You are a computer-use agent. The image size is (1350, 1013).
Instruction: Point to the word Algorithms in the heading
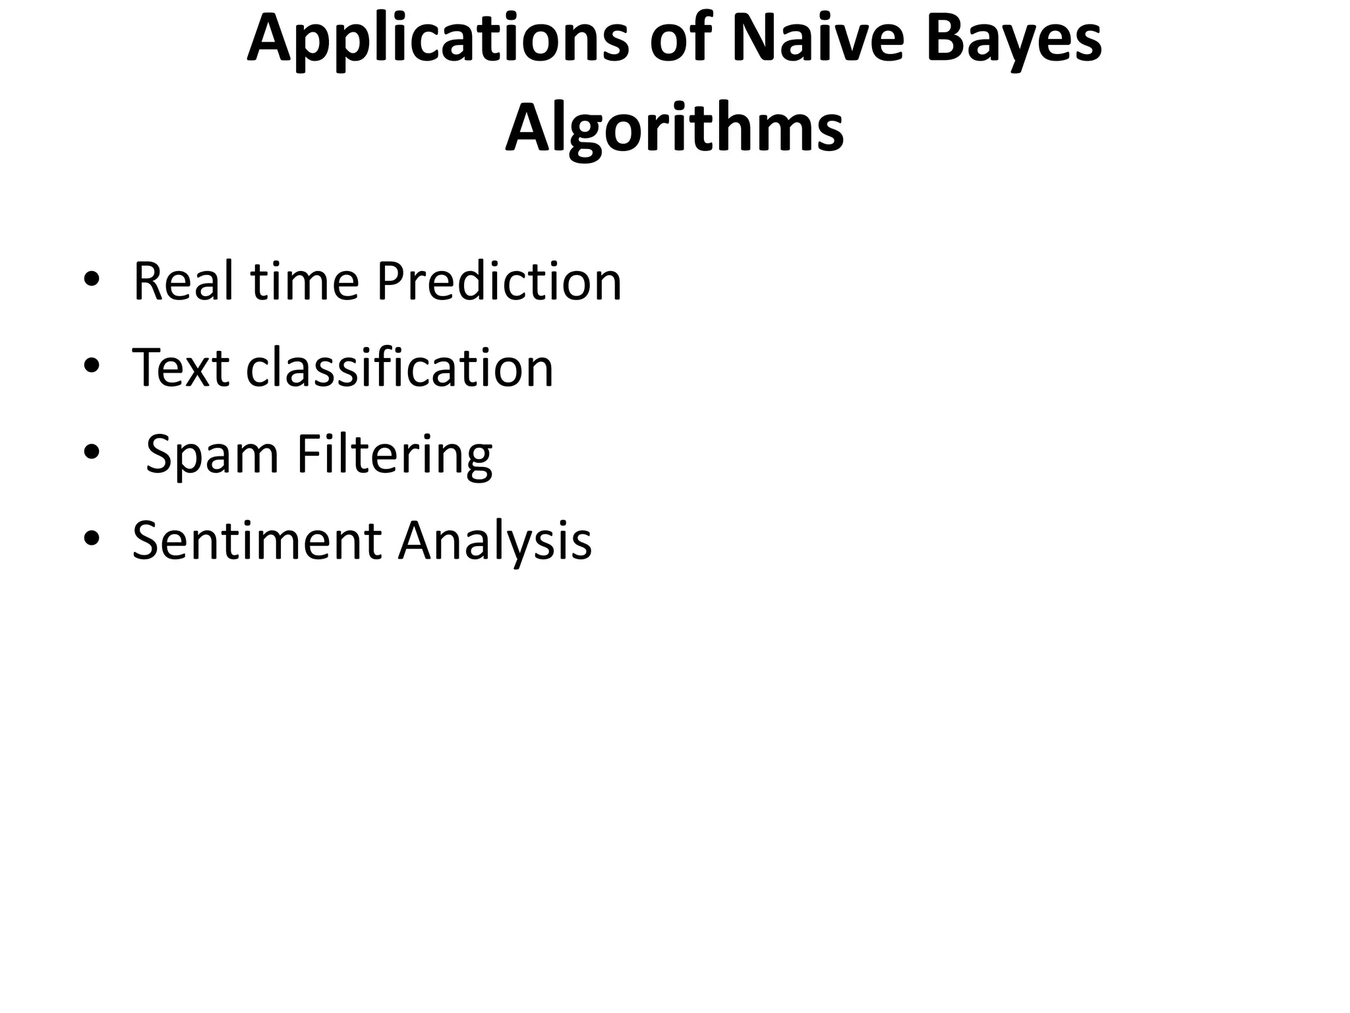[674, 129]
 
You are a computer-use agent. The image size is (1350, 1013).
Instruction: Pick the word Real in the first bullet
[182, 282]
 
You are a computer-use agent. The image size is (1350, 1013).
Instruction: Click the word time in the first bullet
[304, 282]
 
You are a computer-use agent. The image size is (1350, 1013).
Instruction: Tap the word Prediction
[499, 282]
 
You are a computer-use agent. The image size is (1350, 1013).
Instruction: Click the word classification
[399, 367]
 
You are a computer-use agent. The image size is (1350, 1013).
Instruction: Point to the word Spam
[212, 454]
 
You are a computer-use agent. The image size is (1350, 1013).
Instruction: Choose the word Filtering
[394, 454]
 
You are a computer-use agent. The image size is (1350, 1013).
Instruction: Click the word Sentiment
[256, 541]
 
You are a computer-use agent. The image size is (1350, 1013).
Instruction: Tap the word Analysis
[494, 541]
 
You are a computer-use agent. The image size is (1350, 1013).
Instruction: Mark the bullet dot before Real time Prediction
[92, 280]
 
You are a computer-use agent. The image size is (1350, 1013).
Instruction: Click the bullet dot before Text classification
[92, 367]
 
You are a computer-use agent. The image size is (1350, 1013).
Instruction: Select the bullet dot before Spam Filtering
[92, 453]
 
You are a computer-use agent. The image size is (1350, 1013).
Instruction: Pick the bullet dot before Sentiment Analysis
[92, 539]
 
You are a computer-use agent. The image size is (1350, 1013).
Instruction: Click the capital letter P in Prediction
[390, 282]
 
